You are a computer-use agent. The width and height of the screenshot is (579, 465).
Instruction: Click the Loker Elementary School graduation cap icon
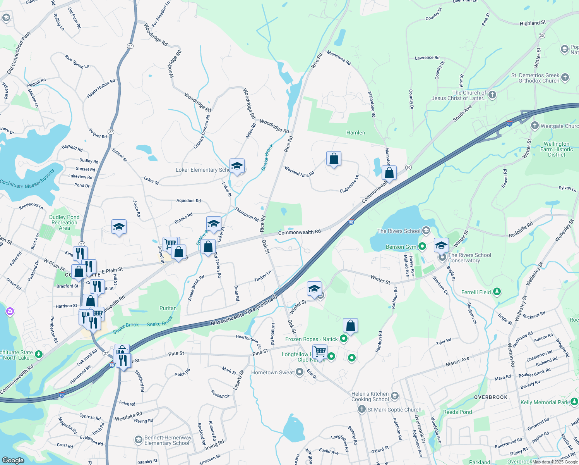coord(237,167)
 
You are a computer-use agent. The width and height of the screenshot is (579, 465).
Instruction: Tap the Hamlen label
coord(355,133)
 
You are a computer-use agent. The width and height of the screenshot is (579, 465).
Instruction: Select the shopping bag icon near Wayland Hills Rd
coord(334,159)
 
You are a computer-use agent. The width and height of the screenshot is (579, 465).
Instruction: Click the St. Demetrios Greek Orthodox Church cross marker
coord(565,77)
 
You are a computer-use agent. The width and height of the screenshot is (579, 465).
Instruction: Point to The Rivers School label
coord(399,231)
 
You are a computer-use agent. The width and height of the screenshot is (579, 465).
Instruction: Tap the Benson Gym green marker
coord(422,246)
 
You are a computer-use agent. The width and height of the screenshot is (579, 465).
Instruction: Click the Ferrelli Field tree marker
coord(497,292)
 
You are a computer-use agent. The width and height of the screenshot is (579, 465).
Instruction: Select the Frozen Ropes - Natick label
coord(311,339)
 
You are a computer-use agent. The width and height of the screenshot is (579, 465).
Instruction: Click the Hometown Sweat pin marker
coord(299,372)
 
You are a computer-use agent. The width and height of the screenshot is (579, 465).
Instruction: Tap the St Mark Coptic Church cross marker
coord(361,409)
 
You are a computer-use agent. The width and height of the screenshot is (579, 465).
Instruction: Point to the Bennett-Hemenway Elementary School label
coord(168,440)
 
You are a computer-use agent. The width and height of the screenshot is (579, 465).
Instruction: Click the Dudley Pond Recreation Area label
coord(64,222)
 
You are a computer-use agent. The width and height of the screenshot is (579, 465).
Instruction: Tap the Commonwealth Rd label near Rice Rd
coord(299,232)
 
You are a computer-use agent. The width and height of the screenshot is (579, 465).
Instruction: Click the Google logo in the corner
coord(13,460)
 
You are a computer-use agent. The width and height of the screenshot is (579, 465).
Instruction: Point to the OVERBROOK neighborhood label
coord(490,397)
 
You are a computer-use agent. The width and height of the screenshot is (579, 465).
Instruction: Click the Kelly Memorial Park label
coord(545,402)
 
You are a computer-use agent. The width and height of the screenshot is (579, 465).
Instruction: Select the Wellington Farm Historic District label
coord(557,149)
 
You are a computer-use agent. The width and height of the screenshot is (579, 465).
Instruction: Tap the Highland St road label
coord(533,23)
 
